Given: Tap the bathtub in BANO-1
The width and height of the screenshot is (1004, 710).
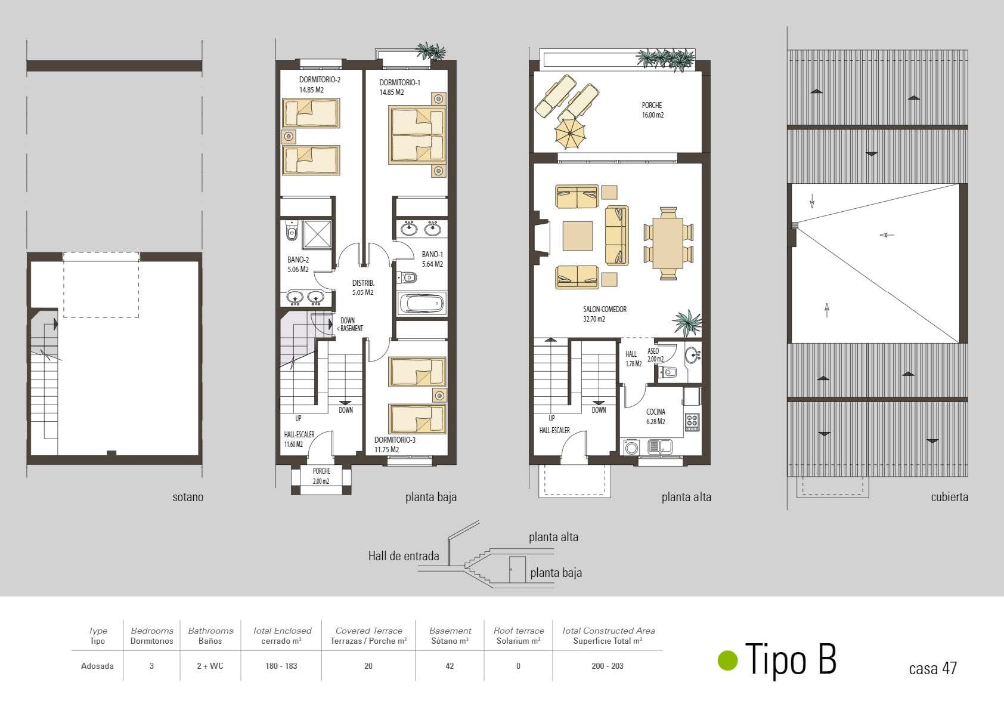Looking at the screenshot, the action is (422, 304).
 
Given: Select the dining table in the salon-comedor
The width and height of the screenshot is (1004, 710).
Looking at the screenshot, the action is (668, 243).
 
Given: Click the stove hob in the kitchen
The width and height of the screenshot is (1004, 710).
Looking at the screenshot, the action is (692, 422).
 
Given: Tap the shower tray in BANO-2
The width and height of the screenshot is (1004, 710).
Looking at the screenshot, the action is (317, 234).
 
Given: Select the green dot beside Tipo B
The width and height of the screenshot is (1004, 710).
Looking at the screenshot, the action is (727, 660).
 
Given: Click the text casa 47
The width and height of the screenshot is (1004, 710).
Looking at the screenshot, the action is (932, 668).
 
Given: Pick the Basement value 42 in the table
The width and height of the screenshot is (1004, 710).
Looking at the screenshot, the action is (450, 666).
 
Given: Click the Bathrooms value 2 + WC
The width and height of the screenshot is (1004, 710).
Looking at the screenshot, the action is (210, 666).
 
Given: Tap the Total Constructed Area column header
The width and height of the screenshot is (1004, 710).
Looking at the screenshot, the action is (608, 635).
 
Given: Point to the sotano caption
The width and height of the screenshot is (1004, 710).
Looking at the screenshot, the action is (188, 497).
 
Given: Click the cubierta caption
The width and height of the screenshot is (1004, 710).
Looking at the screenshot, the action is (949, 497).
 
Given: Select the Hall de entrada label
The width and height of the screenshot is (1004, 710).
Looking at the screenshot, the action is (404, 556).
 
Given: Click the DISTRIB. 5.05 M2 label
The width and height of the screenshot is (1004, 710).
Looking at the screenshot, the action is (362, 288).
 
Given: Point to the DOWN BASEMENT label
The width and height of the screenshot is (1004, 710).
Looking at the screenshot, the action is (349, 325).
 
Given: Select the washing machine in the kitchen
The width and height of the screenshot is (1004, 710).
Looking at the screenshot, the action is (631, 447).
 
